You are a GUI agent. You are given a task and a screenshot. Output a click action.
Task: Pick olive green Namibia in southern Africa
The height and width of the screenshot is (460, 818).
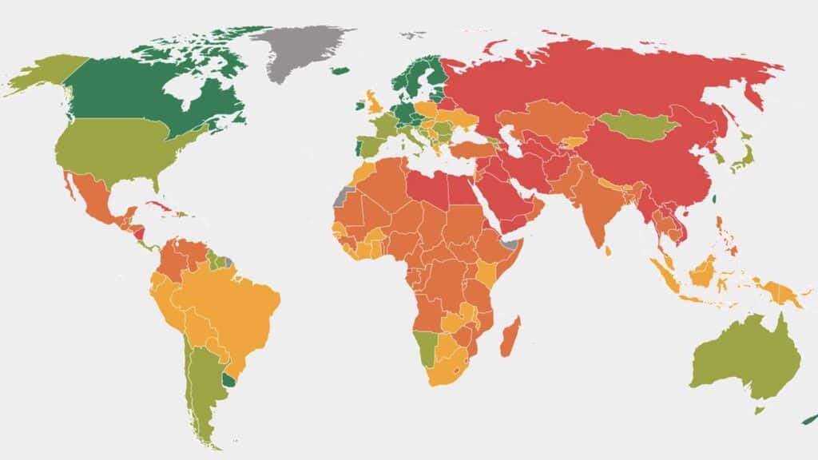pyautogui.click(x=427, y=347)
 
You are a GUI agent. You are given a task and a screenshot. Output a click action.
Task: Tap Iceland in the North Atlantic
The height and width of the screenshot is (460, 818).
pyautogui.click(x=340, y=71)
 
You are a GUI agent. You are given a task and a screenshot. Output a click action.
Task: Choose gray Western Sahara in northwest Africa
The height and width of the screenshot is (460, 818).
pyautogui.click(x=343, y=196)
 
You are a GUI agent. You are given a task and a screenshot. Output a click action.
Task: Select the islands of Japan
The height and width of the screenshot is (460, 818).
pyautogui.click(x=741, y=156)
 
